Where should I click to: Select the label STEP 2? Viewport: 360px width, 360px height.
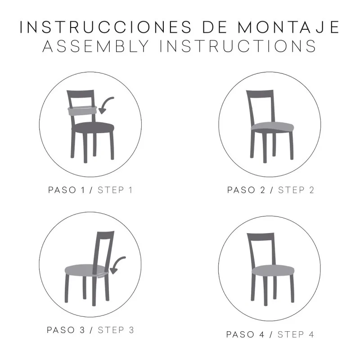tap(296, 189)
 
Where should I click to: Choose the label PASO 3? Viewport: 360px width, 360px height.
tap(67, 330)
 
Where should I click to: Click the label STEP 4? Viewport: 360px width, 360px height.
tap(296, 334)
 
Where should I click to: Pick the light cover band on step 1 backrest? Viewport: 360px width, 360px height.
tap(81, 110)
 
